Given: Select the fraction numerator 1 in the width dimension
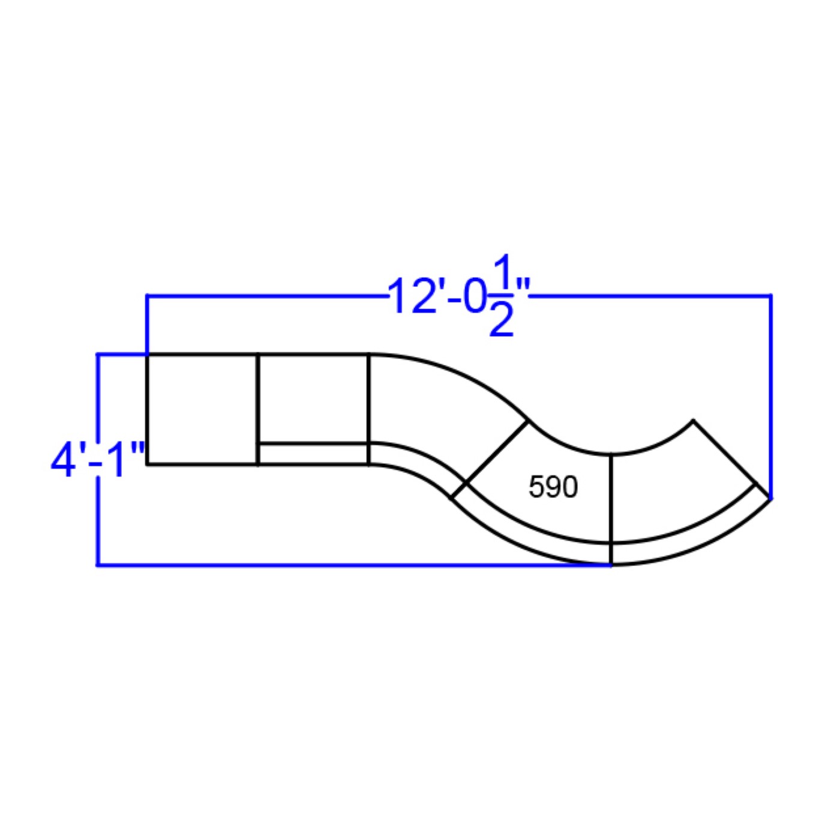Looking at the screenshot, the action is [x=502, y=270].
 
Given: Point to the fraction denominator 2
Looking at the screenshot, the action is [x=501, y=320].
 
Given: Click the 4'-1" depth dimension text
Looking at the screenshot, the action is [x=98, y=460].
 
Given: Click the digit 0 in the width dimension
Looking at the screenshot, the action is [x=475, y=296].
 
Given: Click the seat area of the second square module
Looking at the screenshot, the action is [x=313, y=399].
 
